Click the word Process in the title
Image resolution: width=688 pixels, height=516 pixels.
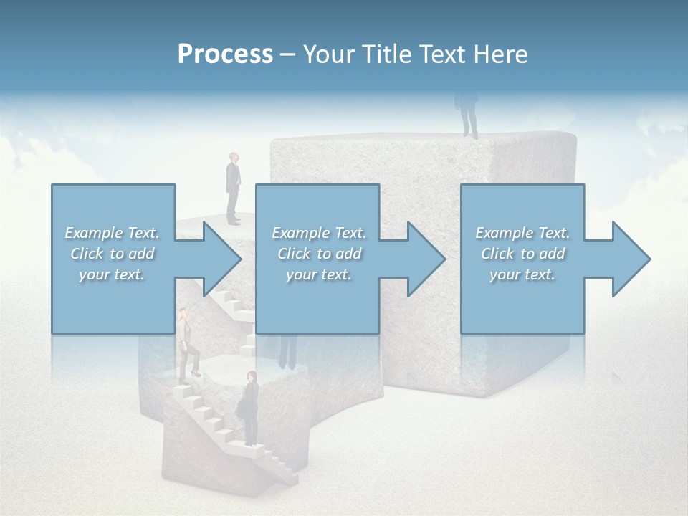coord(225,54)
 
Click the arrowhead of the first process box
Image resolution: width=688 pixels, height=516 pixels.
coord(222,259)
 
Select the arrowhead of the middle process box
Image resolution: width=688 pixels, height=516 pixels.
coord(426,259)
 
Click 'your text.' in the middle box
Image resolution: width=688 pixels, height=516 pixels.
coord(318,274)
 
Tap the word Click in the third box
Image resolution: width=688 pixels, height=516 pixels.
coord(497,254)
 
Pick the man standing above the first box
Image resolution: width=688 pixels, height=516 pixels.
coord(234,188)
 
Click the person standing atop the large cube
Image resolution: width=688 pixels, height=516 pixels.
coord(469,115)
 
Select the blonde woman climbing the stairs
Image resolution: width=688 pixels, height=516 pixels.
coord(186,344)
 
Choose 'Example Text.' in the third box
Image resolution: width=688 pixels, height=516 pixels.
coord(522,233)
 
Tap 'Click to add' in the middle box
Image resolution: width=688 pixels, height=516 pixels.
coord(319,254)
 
